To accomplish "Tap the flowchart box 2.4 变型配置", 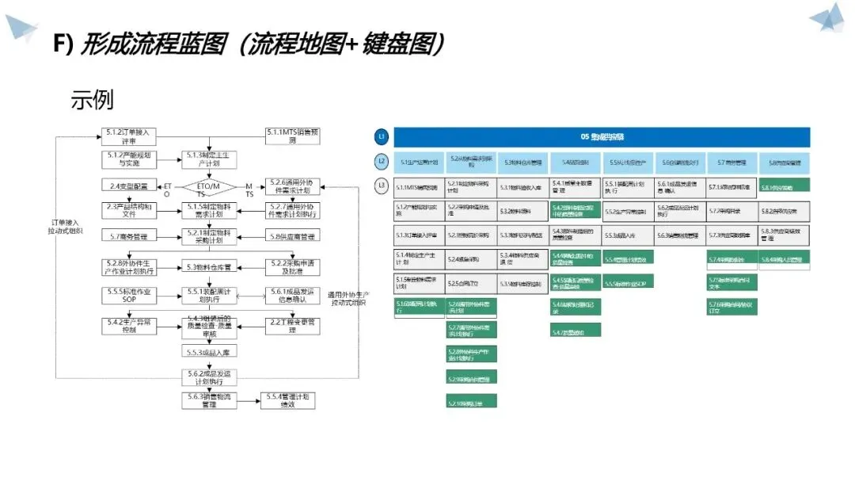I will pyautogui.click(x=129, y=186).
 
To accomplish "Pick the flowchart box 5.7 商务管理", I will pyautogui.click(x=129, y=236).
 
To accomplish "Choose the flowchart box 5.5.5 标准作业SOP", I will pyautogui.click(x=129, y=296).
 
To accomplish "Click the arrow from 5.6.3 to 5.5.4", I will pyautogui.click(x=250, y=400).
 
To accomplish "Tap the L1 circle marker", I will pyautogui.click(x=382, y=136).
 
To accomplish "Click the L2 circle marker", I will pyautogui.click(x=382, y=162).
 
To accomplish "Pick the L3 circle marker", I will pyautogui.click(x=382, y=187).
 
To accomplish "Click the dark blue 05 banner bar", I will pyautogui.click(x=602, y=136).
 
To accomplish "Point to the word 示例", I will pyautogui.click(x=92, y=100).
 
